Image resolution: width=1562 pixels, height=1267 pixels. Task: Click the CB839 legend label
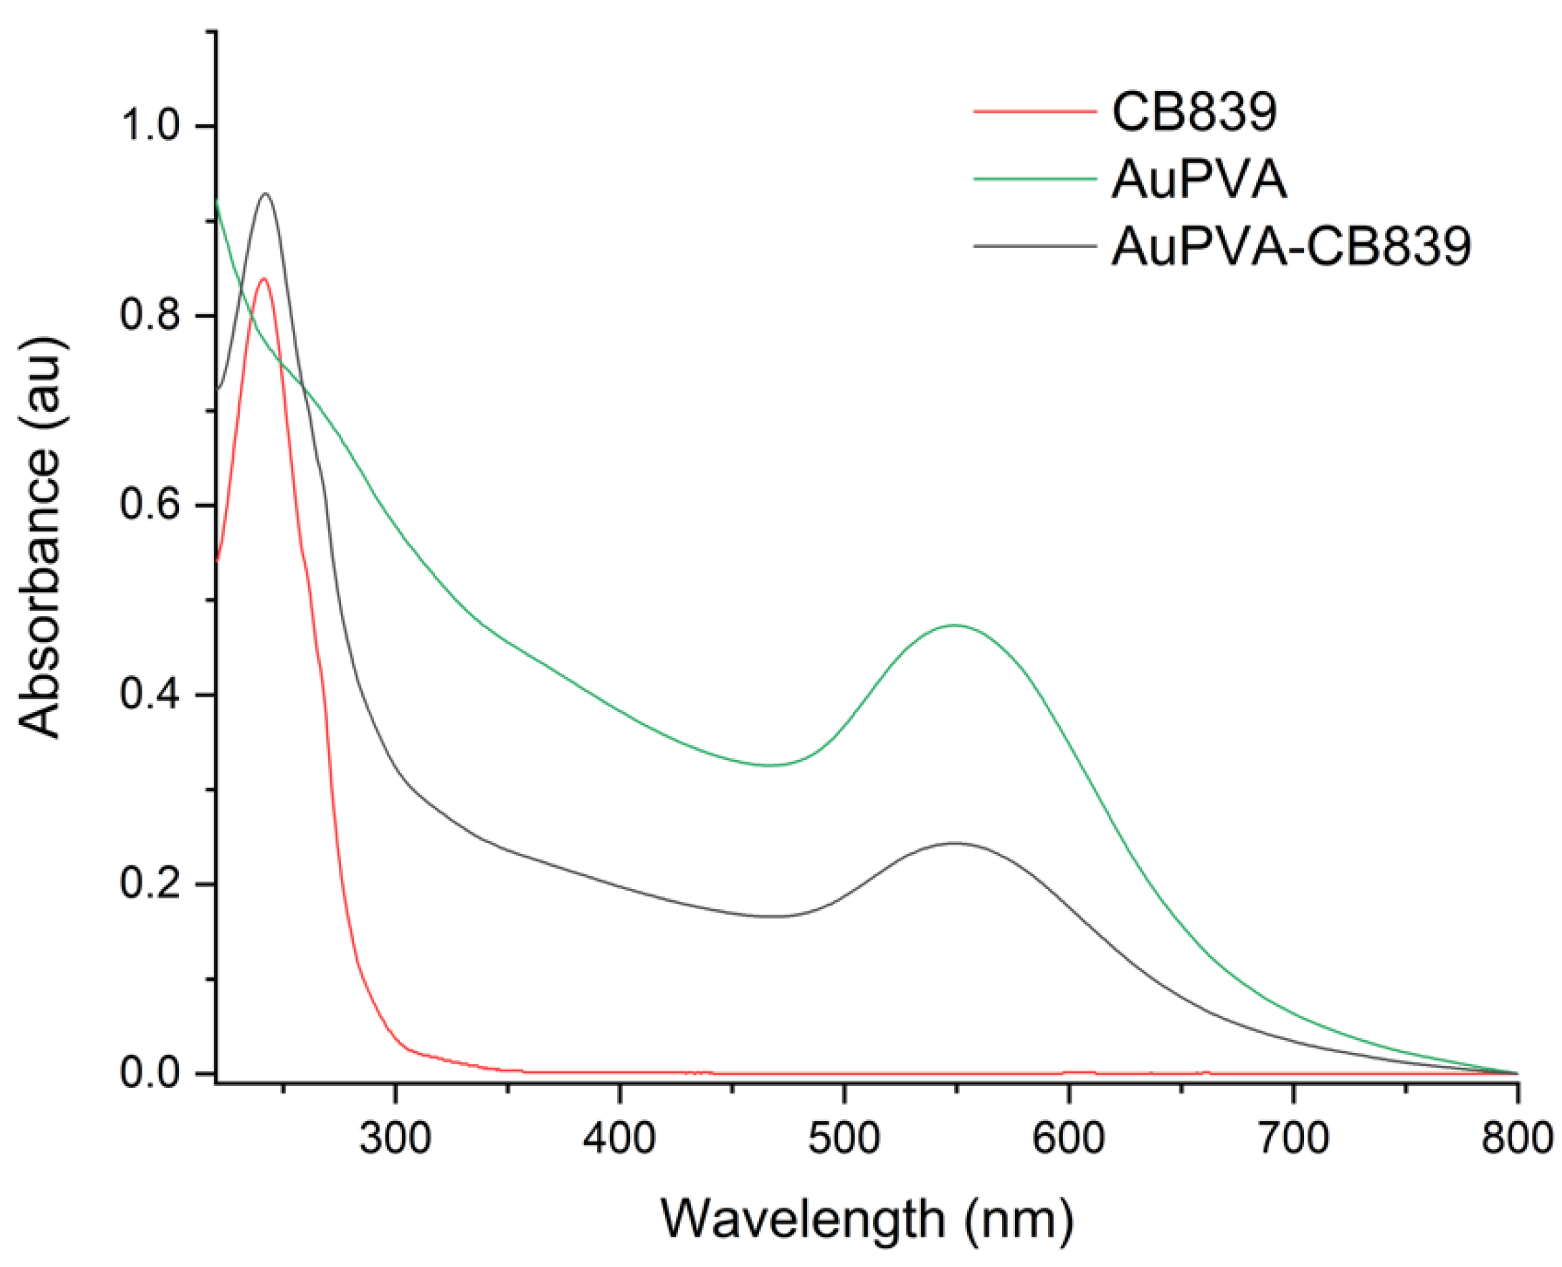(1194, 113)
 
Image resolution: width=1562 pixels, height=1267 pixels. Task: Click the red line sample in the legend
(1035, 111)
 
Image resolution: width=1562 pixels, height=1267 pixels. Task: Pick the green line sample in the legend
(1035, 179)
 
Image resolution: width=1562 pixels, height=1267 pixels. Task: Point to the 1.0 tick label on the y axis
(150, 126)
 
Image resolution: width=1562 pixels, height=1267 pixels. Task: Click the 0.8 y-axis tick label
(150, 315)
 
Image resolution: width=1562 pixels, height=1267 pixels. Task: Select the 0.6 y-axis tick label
(150, 505)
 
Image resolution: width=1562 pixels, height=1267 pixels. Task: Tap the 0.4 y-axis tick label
(150, 694)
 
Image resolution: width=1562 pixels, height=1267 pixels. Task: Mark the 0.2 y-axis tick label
(150, 884)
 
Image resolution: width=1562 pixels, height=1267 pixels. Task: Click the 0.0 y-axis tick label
(150, 1073)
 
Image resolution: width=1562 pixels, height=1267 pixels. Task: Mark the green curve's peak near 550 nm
(954, 626)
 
